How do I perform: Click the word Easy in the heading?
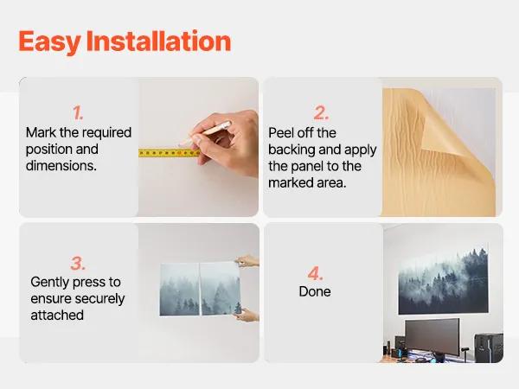click(49, 41)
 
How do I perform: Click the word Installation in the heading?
click(158, 41)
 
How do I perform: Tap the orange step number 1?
click(78, 113)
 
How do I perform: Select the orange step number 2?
click(321, 113)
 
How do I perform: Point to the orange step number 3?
click(78, 264)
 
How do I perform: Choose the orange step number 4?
click(315, 273)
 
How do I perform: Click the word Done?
click(315, 291)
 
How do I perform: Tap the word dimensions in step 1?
click(61, 166)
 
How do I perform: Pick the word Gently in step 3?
click(49, 283)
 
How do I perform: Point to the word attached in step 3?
click(57, 316)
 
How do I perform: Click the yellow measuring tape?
click(169, 153)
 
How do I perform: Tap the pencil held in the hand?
click(205, 133)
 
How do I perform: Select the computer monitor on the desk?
click(432, 337)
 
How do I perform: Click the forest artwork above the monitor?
click(444, 280)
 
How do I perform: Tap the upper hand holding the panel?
click(247, 261)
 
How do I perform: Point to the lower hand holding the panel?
click(247, 315)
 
